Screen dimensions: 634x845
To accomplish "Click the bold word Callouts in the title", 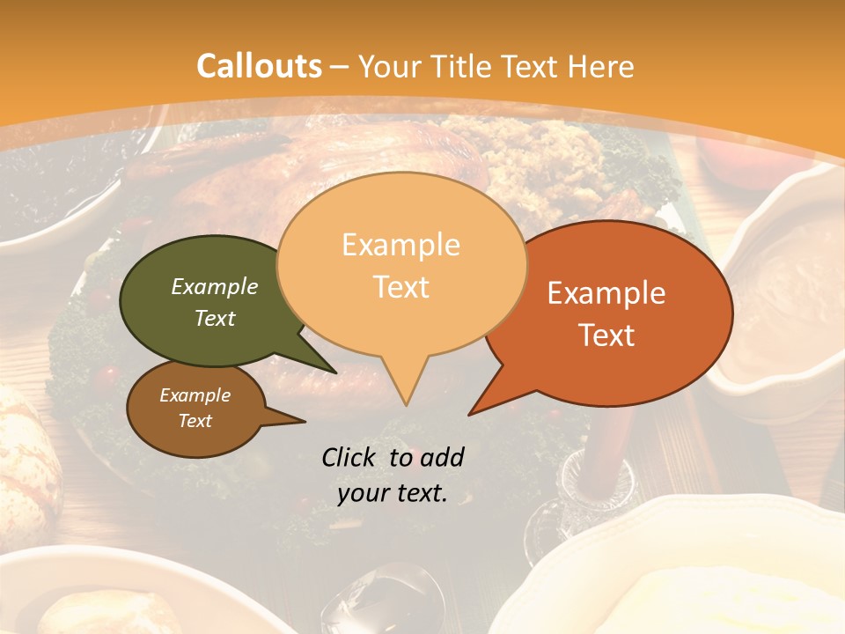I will [259, 66].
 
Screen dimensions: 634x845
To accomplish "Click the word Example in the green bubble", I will [214, 286].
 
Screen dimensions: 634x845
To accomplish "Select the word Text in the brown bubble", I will [195, 421].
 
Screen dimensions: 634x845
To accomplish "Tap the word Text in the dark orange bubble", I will [606, 335].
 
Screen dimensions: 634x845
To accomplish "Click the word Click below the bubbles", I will [350, 457].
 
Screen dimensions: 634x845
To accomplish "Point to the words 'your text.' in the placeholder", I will [393, 493].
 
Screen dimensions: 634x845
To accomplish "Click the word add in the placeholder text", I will [442, 457].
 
